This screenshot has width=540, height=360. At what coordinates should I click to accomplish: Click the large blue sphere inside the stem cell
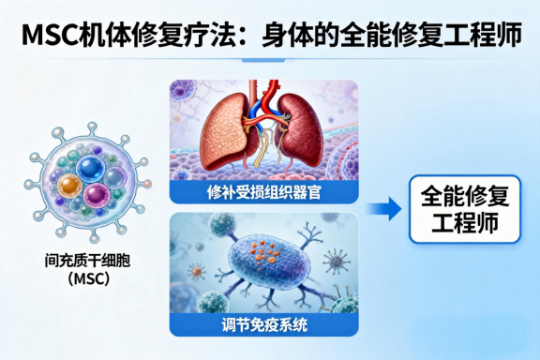[92, 170]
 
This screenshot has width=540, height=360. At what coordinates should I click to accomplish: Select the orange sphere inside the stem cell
[71, 186]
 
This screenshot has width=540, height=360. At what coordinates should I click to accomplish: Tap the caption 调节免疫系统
[262, 325]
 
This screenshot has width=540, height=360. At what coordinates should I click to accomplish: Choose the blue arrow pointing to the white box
[380, 209]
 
